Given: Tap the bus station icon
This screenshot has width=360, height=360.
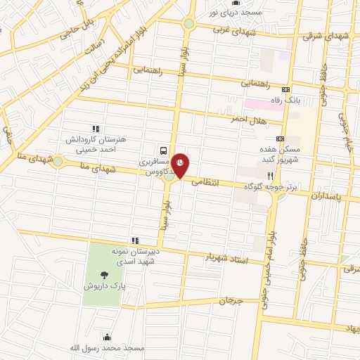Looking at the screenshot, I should point(163,150).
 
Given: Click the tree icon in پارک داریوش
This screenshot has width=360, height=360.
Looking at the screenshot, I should point(105,276).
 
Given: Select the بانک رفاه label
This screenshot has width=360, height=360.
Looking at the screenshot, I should point(307,101).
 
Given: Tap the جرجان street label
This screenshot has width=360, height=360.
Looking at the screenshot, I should point(230,300).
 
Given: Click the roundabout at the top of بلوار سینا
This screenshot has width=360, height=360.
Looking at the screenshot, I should point(188,23).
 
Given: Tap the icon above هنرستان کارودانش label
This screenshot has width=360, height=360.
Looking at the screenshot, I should point(96,128).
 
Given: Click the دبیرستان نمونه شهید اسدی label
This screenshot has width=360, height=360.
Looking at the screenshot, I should point(137,255).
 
